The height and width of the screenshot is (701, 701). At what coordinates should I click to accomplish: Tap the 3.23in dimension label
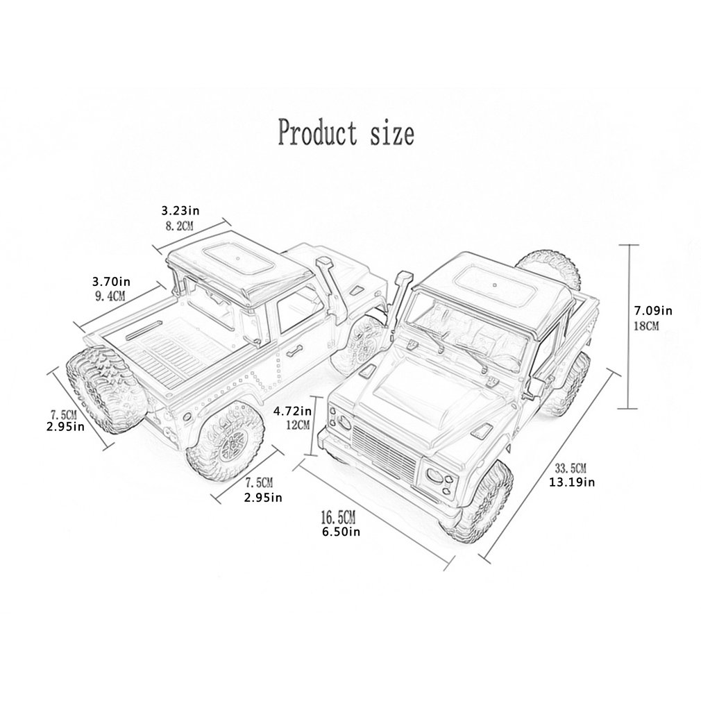click(180, 209)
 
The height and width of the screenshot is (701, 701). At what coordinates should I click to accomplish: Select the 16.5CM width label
click(338, 517)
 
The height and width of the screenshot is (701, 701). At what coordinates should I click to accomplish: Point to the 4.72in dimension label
click(291, 410)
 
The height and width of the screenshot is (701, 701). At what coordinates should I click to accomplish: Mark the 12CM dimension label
click(296, 424)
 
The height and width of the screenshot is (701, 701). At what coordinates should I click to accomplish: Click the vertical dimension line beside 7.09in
click(629, 326)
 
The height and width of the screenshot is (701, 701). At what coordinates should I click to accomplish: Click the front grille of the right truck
click(383, 450)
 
